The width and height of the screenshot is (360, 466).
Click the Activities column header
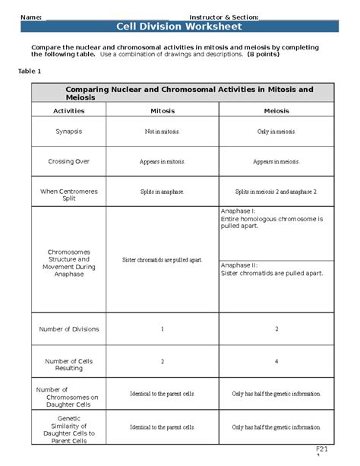68,110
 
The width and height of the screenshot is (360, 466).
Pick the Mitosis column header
163,110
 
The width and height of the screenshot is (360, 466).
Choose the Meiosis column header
276,110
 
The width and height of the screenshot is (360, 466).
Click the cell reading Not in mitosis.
163,132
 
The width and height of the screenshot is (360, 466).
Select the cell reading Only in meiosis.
276,132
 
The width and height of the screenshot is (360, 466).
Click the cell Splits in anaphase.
163,192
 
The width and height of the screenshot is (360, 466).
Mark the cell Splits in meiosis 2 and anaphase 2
276,192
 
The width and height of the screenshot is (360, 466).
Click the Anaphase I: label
238,211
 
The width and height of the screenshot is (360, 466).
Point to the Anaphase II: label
239,265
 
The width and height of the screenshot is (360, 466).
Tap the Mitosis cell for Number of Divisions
163,328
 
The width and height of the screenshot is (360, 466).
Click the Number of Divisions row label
68,328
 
